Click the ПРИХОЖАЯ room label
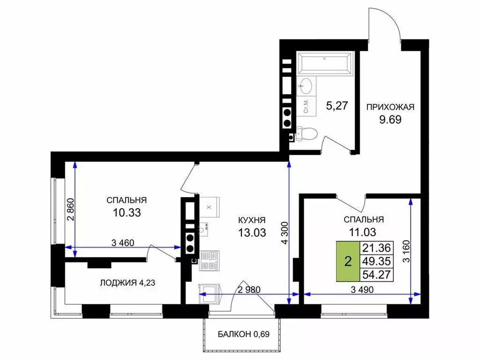click(x=390, y=107)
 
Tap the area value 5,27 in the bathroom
click(x=337, y=105)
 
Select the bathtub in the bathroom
click(x=325, y=64)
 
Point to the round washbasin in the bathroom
click(x=306, y=85)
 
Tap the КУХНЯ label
click(x=252, y=220)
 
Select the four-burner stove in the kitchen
click(x=210, y=261)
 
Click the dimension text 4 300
click(x=285, y=232)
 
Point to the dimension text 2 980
click(x=249, y=290)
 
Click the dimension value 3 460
click(x=123, y=243)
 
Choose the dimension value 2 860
click(x=71, y=210)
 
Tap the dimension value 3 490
click(x=362, y=290)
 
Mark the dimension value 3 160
click(x=406, y=251)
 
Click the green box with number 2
click(x=348, y=262)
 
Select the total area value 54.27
click(x=376, y=275)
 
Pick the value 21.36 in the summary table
click(x=376, y=248)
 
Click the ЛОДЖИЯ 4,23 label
click(x=127, y=283)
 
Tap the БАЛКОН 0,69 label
click(x=244, y=334)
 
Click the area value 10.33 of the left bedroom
click(x=127, y=212)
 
